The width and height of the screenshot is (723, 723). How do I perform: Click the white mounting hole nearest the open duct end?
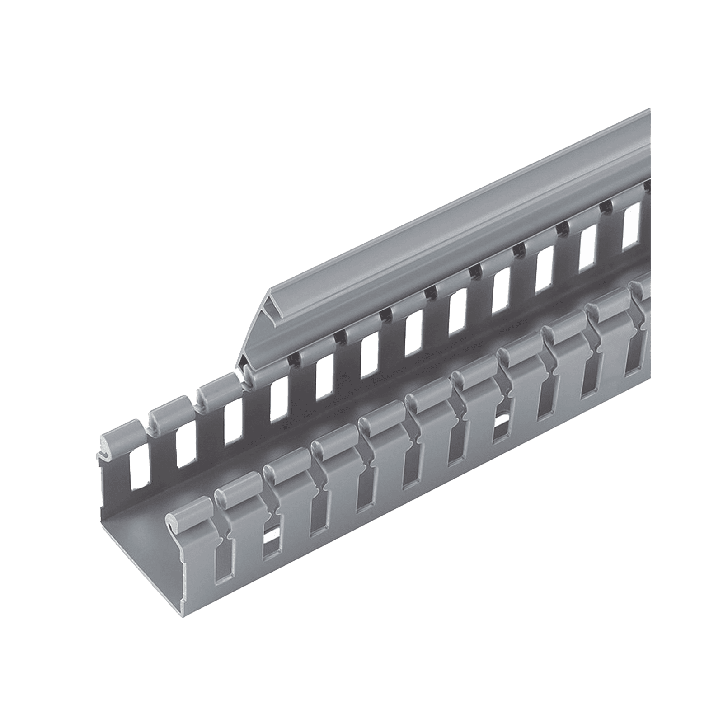[x=272, y=537]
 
